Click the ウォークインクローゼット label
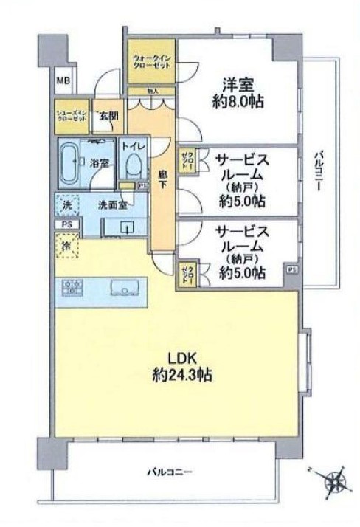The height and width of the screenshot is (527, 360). click(150, 61)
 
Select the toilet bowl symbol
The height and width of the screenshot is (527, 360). click(133, 162)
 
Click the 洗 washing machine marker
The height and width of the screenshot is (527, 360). click(67, 204)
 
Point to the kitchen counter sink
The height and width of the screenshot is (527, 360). click(120, 286)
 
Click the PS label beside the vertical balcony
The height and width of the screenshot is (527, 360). click(292, 270)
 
